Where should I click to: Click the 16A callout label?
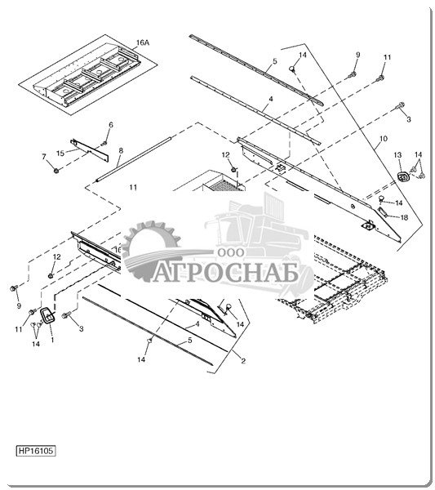[x=143, y=42]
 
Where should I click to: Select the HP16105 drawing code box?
[x=36, y=451]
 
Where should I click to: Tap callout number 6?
[x=111, y=125]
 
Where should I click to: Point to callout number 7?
[x=44, y=157]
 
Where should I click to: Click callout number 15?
[x=60, y=154]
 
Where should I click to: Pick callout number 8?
[x=121, y=150]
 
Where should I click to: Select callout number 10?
[x=384, y=138]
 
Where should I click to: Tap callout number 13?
[x=397, y=155]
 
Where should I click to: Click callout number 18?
[x=404, y=217]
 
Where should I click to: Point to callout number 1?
[x=52, y=340]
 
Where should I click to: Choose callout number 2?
[x=243, y=361]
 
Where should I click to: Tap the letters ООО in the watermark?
[x=231, y=252]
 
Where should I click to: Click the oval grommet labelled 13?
[x=403, y=176]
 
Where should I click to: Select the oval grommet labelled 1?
[x=48, y=315]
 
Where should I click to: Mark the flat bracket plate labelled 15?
[x=90, y=149]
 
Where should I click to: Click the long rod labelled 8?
[x=134, y=158]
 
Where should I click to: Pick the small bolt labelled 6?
[x=104, y=143]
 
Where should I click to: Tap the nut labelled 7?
[x=56, y=171]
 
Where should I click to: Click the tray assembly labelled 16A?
[x=88, y=75]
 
